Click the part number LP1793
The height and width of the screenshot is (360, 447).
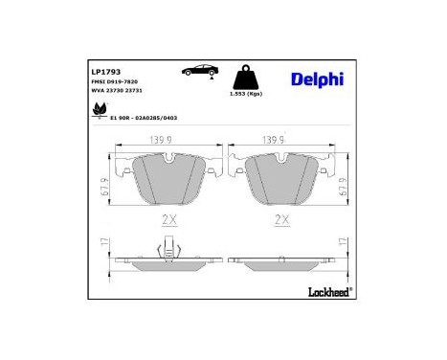102,71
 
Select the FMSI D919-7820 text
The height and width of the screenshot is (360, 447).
113,83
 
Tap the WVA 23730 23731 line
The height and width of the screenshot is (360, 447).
116,93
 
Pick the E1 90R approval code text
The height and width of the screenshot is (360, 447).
145,117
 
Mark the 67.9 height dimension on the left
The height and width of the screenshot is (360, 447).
101,180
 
